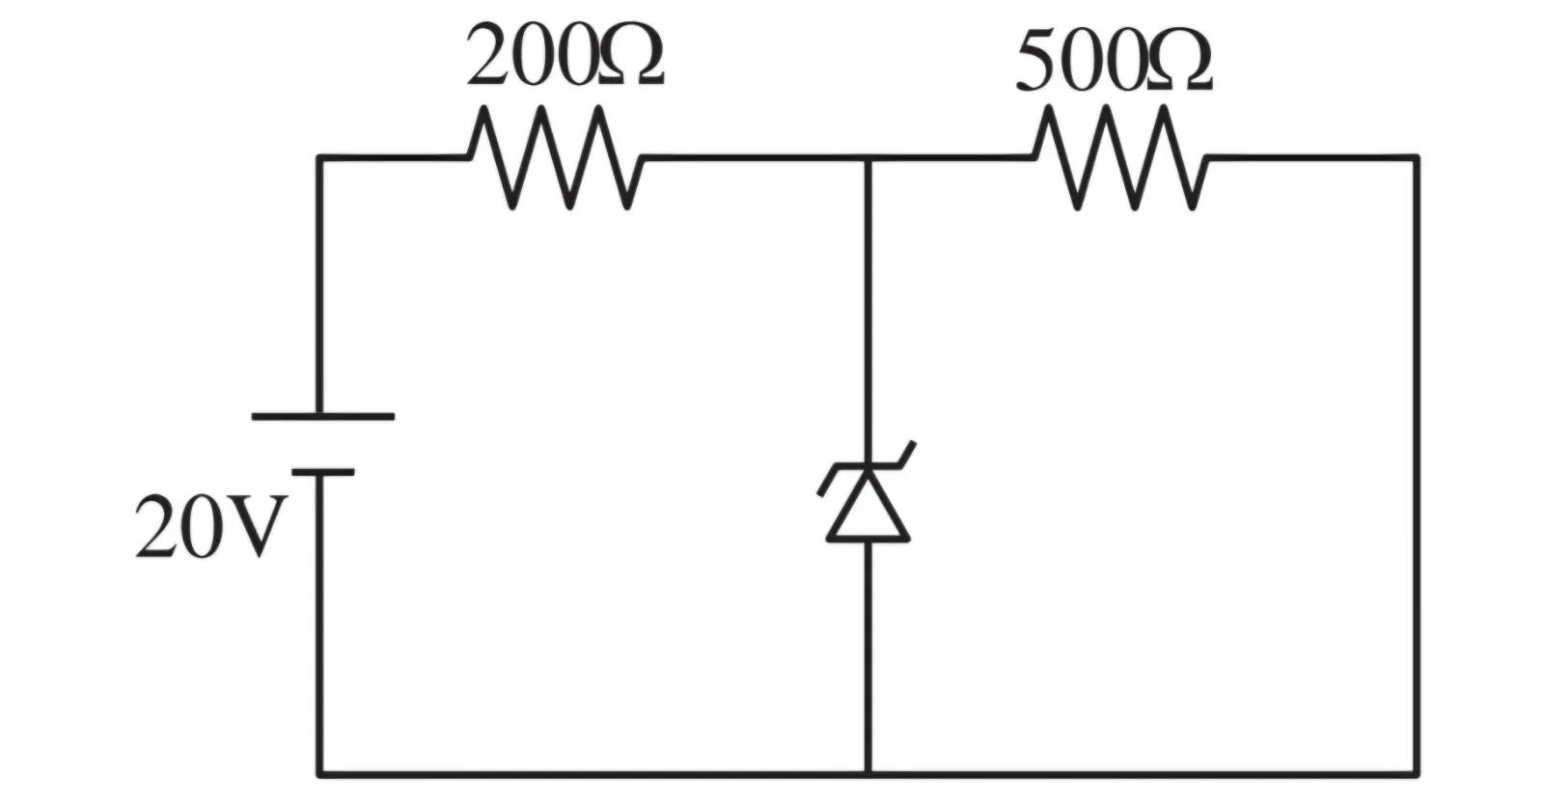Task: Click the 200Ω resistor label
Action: pos(565,54)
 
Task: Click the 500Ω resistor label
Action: pos(1115,60)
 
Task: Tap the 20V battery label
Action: pos(210,526)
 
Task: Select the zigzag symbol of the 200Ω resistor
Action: pos(556,158)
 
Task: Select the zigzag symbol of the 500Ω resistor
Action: pos(1120,158)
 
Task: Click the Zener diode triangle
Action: pos(868,506)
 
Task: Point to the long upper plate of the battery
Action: pos(323,417)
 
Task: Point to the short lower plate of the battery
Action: pos(323,472)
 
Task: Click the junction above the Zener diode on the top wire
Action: pos(868,158)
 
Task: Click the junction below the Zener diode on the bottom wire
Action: pos(868,774)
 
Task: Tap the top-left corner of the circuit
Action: pos(319,158)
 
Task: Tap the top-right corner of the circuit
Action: pos(1417,158)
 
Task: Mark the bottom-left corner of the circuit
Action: pos(319,774)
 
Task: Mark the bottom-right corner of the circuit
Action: pos(1417,774)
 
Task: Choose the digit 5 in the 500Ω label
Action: pos(1038,61)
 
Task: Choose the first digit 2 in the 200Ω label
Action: pos(488,54)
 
